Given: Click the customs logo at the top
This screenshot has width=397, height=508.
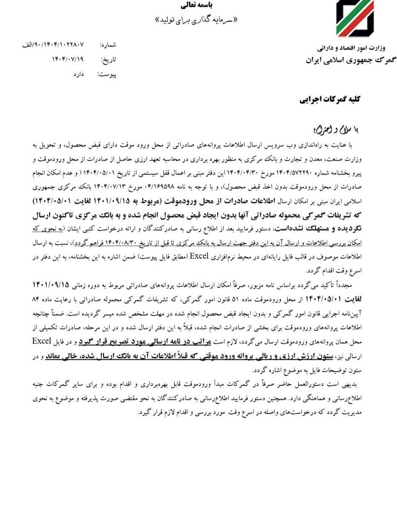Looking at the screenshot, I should tap(354, 18).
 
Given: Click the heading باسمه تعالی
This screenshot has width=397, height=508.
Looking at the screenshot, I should tap(198, 5).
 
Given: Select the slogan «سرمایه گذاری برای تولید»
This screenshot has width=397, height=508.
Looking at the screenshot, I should tap(198, 19).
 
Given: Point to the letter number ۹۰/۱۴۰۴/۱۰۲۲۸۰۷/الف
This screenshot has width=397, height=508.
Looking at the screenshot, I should tap(54, 43).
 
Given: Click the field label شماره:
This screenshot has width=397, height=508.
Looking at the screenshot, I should tap(108, 44).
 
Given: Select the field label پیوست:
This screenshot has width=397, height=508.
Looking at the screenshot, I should tap(107, 74).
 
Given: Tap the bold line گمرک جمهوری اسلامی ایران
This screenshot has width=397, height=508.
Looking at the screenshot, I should tap(350, 60).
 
